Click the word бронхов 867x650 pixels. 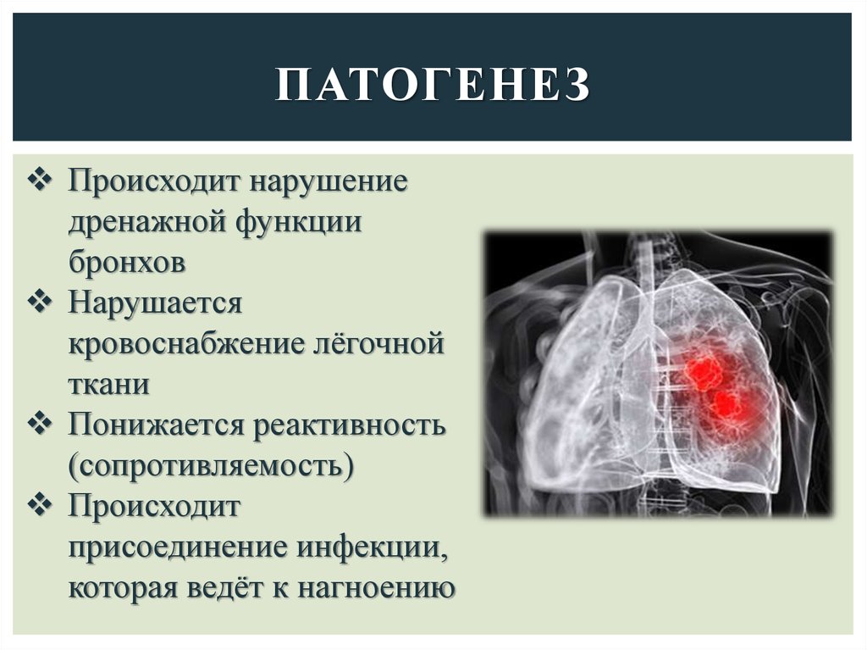click(x=127, y=263)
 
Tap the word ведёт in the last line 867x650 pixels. click(x=228, y=586)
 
